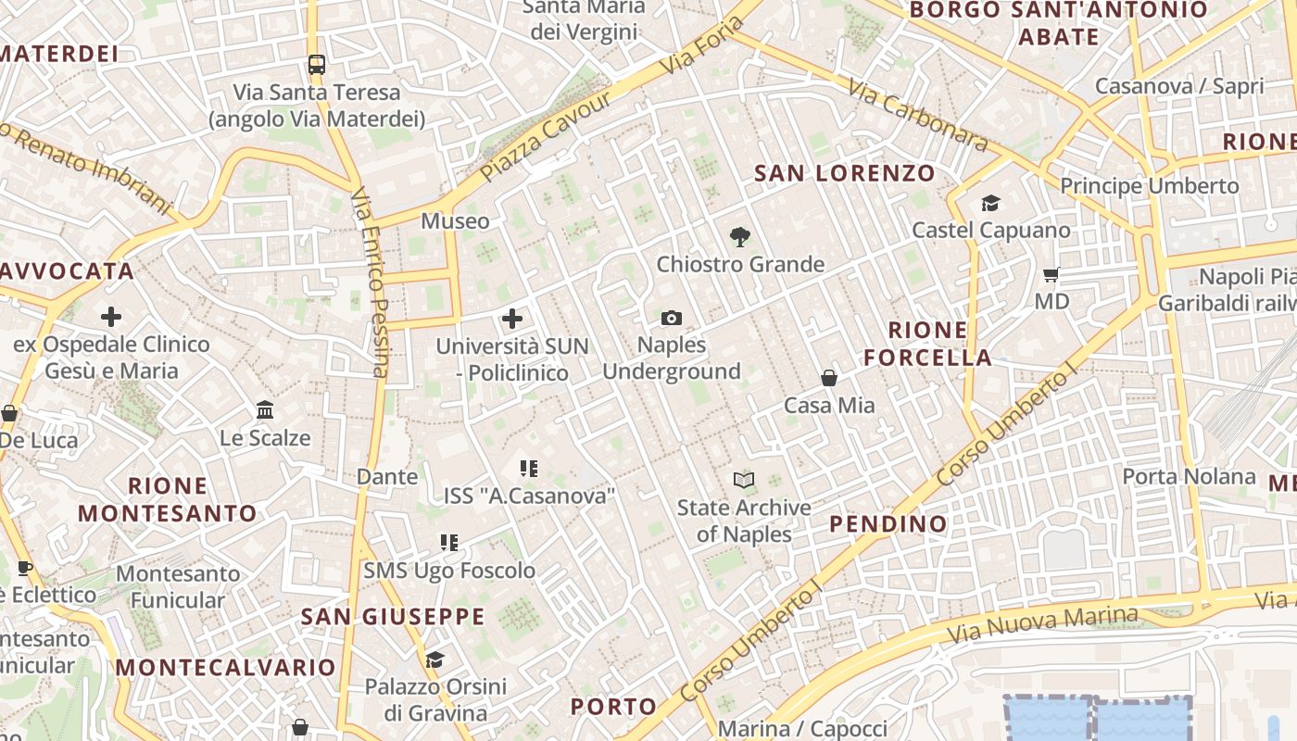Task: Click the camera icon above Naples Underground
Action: coord(672,319)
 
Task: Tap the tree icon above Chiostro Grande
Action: coord(739,237)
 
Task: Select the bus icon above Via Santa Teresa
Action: coord(317,65)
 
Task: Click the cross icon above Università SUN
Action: coord(511,320)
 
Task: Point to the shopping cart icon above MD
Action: coord(1051,274)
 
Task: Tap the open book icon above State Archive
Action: coord(744,480)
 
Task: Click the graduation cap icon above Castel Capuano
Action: coord(990,203)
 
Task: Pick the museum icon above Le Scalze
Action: coord(265,409)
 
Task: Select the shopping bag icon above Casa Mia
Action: coord(829,378)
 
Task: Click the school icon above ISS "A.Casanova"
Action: coord(528,469)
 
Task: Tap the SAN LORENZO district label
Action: coord(845,173)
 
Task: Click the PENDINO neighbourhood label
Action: coord(888,523)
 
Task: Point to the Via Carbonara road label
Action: coord(917,115)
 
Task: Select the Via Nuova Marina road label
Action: coord(1042,627)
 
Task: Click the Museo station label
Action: coord(455,221)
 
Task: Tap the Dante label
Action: coord(387,477)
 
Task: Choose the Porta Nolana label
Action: coord(1189,477)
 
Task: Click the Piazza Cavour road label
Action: coord(547,136)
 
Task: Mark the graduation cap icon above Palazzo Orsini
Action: coord(434,659)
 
